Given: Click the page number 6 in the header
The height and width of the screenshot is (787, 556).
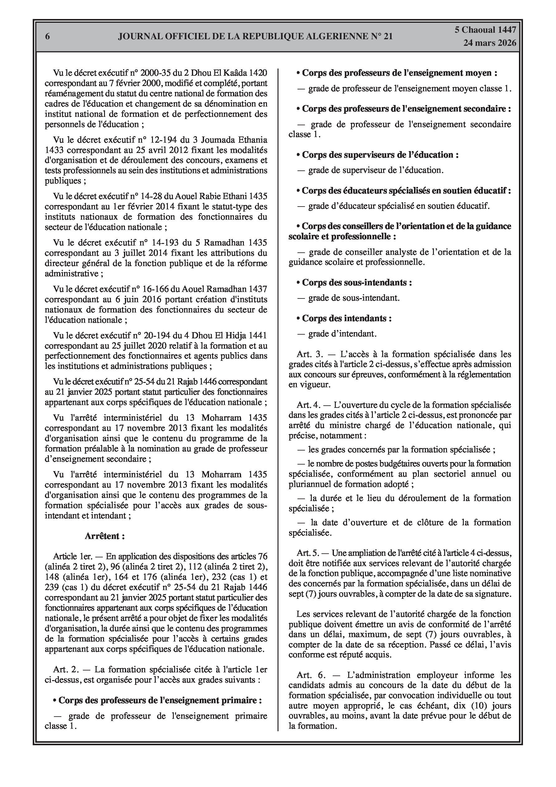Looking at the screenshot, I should pyautogui.click(x=47, y=36).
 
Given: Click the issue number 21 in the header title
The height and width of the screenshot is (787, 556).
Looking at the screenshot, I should pyautogui.click(x=388, y=36).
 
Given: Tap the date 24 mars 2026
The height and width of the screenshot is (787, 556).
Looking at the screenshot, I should pyautogui.click(x=490, y=43).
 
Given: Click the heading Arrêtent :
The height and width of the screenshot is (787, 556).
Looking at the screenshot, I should pyautogui.click(x=105, y=536).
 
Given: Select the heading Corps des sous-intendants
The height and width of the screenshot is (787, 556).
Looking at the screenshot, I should pyautogui.click(x=356, y=283).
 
